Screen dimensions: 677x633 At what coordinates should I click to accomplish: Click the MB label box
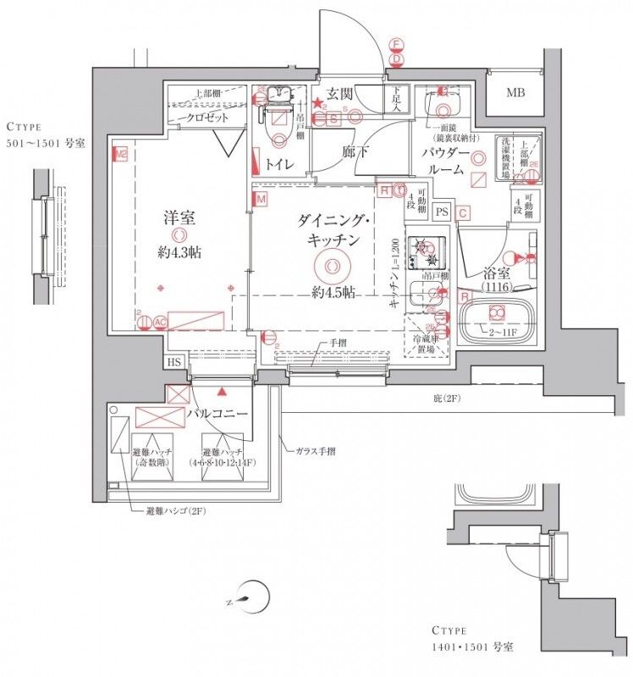(515, 93)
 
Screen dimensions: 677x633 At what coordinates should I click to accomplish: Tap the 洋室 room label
(179, 217)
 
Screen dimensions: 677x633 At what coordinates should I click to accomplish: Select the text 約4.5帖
(331, 293)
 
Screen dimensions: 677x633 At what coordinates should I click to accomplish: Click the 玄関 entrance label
(340, 94)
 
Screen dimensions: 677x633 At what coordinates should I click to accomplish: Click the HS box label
(174, 362)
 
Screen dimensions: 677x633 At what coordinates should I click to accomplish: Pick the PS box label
(441, 212)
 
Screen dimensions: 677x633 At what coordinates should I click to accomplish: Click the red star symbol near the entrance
(317, 104)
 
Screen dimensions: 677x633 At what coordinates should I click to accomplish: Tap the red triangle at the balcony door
(222, 392)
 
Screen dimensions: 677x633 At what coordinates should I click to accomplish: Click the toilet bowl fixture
(276, 127)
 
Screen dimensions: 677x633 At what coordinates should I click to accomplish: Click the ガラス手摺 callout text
(315, 452)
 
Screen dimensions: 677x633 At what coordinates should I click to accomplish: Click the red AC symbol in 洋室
(159, 322)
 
